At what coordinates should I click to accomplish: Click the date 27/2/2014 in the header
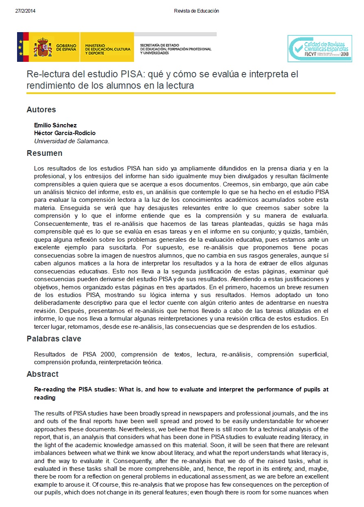[x=25, y=11]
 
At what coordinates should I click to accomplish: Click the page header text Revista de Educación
[x=196, y=11]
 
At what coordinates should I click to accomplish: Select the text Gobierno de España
[x=66, y=48]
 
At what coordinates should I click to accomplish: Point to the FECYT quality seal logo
[x=319, y=48]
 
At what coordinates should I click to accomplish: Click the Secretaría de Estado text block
[x=175, y=49]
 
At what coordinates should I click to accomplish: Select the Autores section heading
[x=41, y=109]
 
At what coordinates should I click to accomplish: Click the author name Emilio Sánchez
[x=55, y=125]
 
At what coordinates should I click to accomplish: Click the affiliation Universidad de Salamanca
[x=72, y=141]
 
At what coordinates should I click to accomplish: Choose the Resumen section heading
[x=44, y=153]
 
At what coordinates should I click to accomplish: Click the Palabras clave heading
[x=54, y=339]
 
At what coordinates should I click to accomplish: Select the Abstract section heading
[x=42, y=374]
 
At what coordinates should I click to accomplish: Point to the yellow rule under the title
[x=181, y=93]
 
